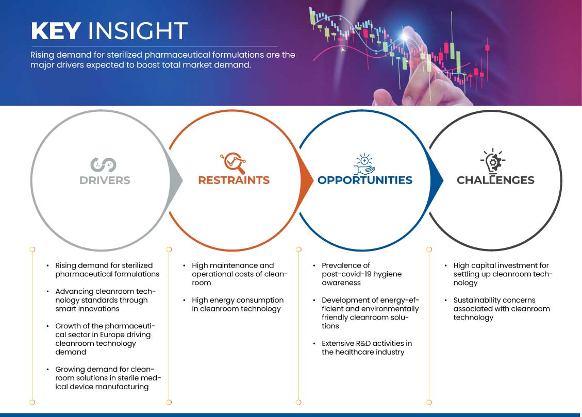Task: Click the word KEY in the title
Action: tap(56, 31)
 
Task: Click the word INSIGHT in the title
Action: tap(138, 31)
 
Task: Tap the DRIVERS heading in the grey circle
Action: tap(105, 180)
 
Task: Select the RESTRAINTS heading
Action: tap(234, 180)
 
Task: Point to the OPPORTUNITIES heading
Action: tap(365, 180)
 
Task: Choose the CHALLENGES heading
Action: tap(495, 180)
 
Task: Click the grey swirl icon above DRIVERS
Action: tap(103, 165)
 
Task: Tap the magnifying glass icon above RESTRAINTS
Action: tap(234, 163)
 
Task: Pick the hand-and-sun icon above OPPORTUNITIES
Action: tap(364, 163)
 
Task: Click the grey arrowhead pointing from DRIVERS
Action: tap(176, 180)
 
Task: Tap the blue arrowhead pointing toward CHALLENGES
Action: tap(437, 180)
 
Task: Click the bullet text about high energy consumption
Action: tap(238, 304)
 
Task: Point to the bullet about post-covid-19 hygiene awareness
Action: tap(361, 274)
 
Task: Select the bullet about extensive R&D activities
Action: tap(367, 347)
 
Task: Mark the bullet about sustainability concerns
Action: tap(502, 309)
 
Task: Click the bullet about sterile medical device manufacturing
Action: tap(108, 378)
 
